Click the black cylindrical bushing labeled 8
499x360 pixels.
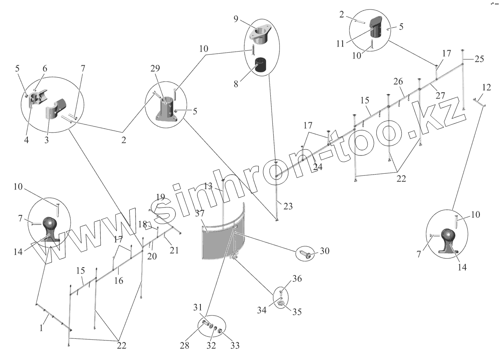pyautogui.click(x=261, y=66)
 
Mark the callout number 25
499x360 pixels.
pyautogui.click(x=479, y=59)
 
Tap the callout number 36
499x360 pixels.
pyautogui.click(x=297, y=279)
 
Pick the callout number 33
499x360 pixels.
pyautogui.click(x=235, y=345)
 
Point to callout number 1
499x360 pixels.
pyautogui.click(x=41, y=328)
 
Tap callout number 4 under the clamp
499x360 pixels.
pyautogui.click(x=26, y=140)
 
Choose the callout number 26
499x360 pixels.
pyautogui.click(x=398, y=81)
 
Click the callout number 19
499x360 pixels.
pyautogui.click(x=161, y=197)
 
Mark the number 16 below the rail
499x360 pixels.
pyautogui.click(x=119, y=281)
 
